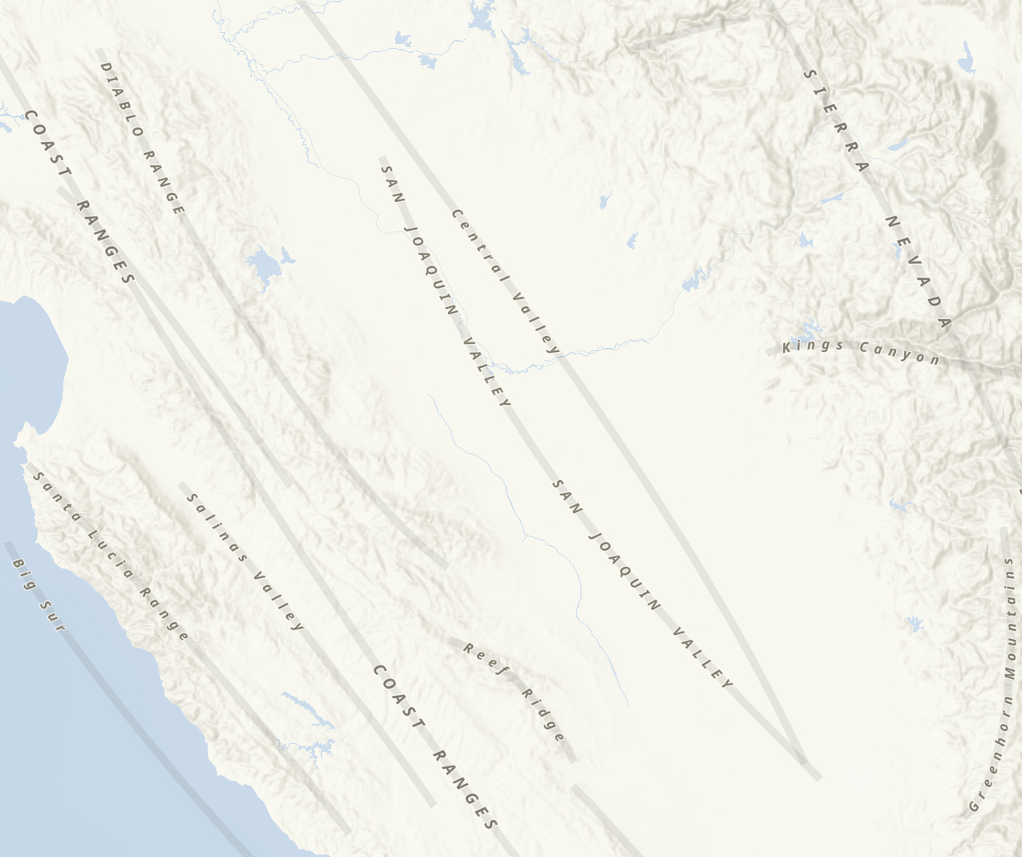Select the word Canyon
[x=899, y=353]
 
